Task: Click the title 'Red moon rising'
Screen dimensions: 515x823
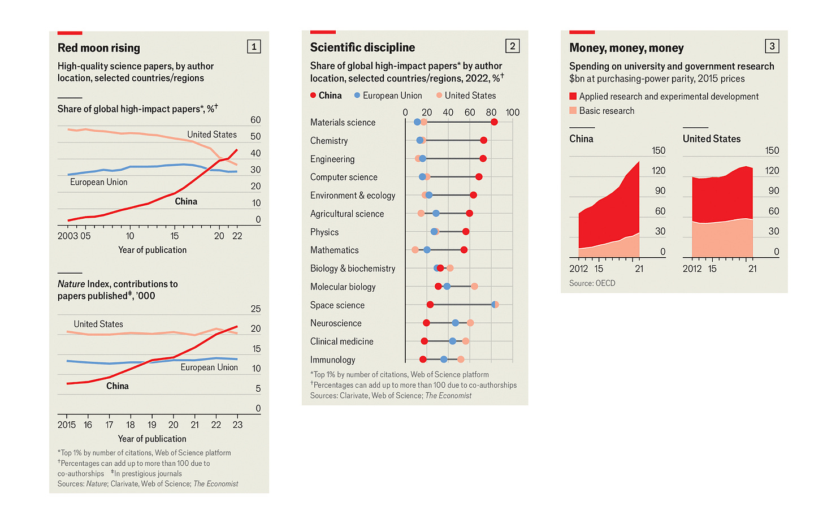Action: (x=99, y=48)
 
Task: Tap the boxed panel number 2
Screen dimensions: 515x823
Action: (x=512, y=46)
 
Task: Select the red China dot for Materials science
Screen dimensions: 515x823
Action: (x=494, y=122)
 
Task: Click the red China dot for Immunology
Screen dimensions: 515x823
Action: (x=423, y=360)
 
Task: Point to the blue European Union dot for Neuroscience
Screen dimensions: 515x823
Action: (x=455, y=323)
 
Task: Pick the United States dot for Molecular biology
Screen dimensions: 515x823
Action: (x=474, y=287)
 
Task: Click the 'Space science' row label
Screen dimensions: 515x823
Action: (x=337, y=305)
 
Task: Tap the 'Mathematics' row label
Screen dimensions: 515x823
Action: (x=334, y=250)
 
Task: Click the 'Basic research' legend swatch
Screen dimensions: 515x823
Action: (x=573, y=111)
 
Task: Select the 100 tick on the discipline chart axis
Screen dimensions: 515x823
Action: (x=512, y=112)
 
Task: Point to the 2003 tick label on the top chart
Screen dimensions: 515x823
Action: (x=67, y=236)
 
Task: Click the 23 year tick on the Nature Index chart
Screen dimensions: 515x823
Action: (x=237, y=425)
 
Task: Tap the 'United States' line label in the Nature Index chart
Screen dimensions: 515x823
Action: (x=98, y=324)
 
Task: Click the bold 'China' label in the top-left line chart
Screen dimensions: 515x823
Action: (x=186, y=201)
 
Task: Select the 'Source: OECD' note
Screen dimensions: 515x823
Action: (x=592, y=283)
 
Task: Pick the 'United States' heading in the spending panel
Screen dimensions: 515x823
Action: (x=711, y=139)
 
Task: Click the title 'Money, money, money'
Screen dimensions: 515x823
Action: (x=626, y=48)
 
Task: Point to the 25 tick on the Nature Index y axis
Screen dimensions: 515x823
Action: (x=255, y=309)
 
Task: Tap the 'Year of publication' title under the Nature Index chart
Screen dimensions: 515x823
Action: (x=152, y=439)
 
